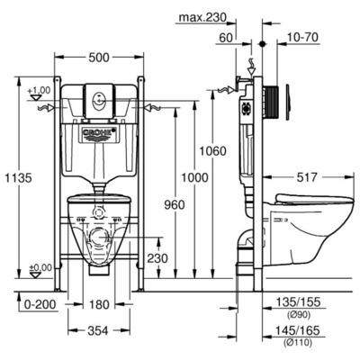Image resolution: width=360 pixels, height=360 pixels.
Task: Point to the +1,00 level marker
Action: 39,91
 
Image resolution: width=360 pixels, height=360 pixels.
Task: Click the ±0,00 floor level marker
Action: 39,267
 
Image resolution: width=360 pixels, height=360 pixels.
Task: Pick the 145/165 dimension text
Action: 301,330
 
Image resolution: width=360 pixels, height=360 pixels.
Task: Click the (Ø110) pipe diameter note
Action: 301,342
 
